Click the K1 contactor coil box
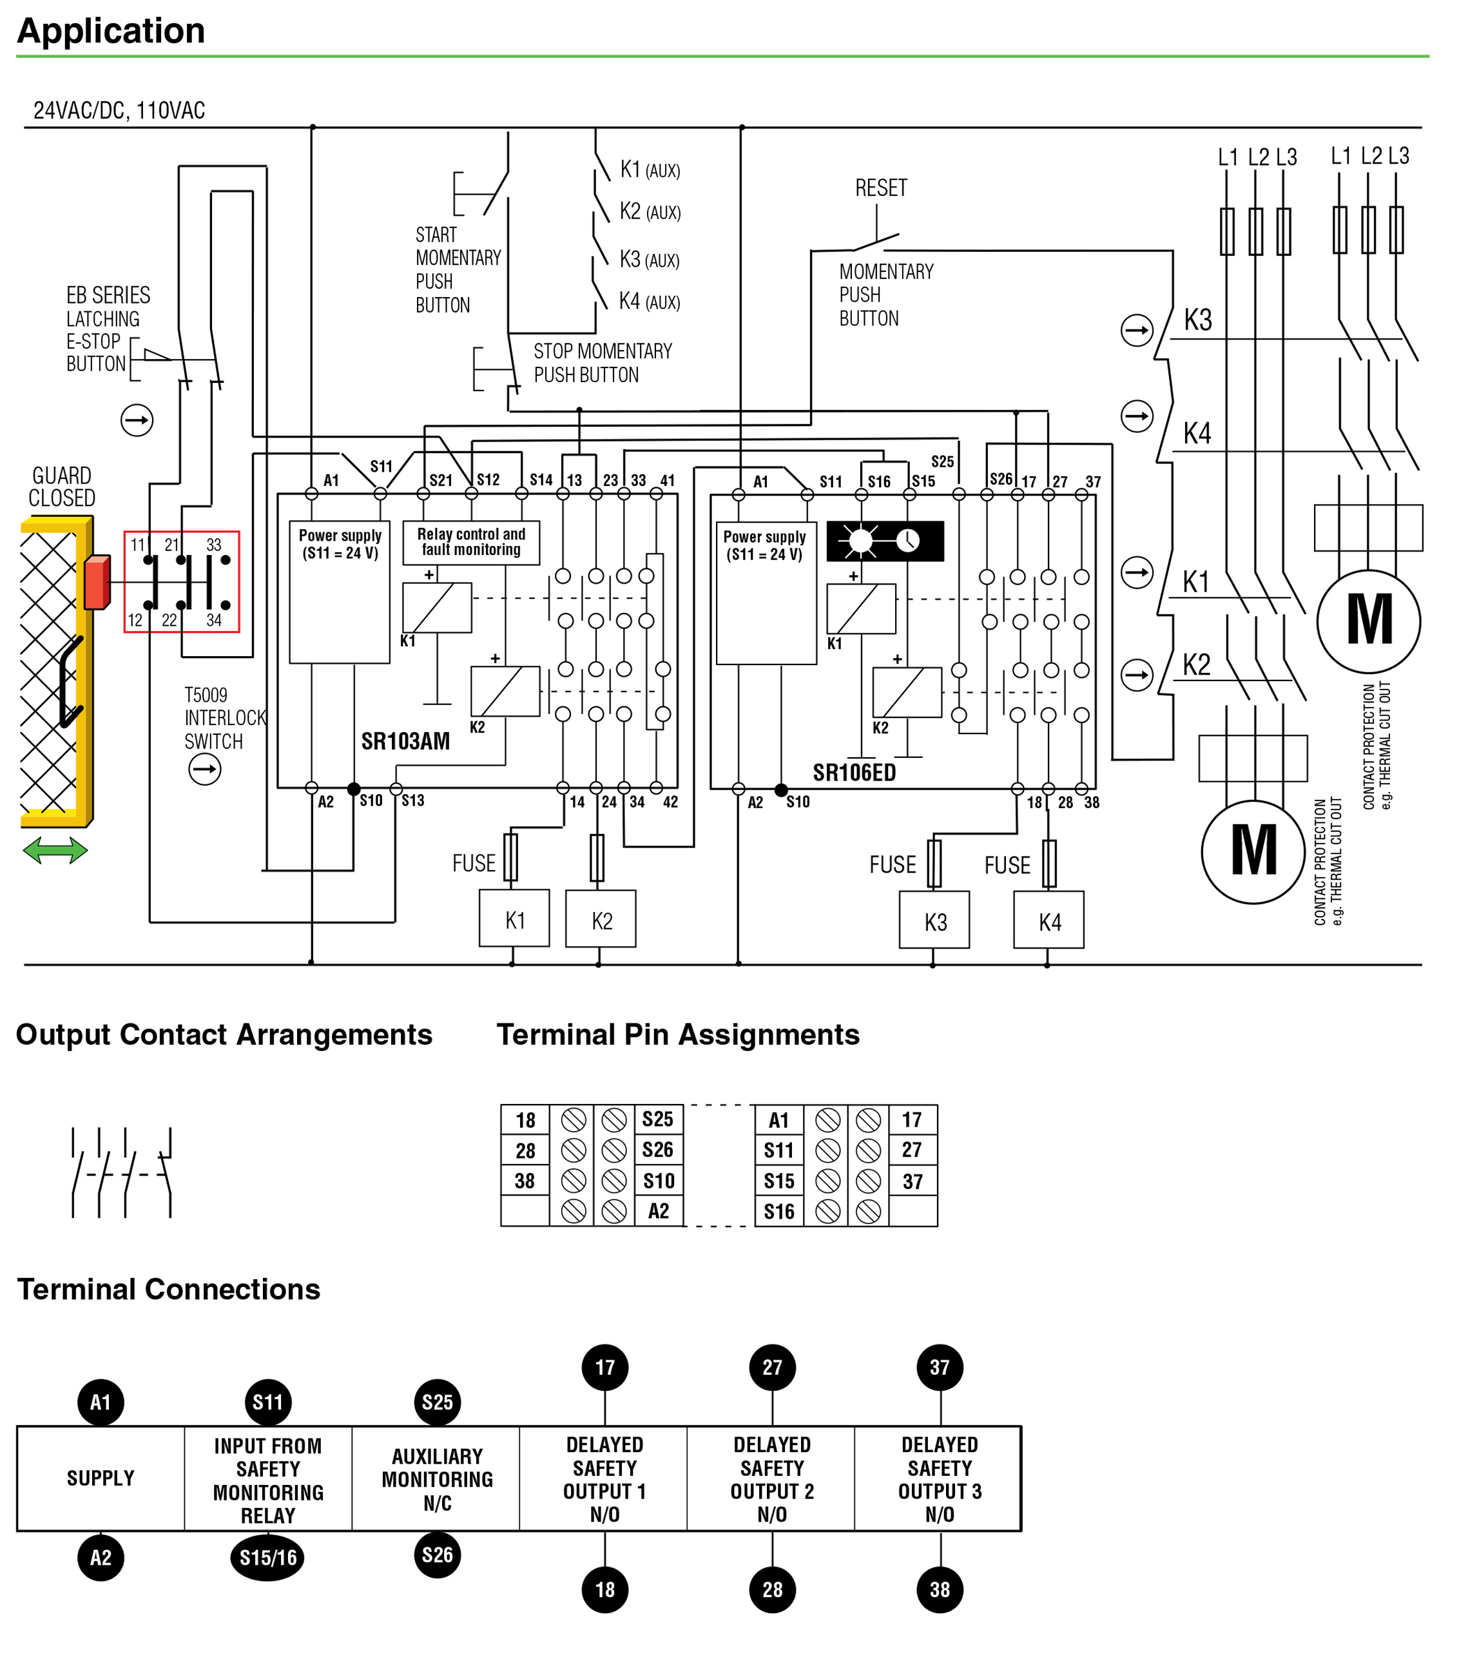point(514,918)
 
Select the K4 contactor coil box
point(1049,920)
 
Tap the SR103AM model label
point(405,742)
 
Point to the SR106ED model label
point(855,773)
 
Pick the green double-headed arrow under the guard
point(55,851)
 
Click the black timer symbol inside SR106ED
point(885,540)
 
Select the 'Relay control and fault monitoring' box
point(471,543)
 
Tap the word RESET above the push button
point(880,188)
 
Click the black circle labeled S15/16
point(267,1558)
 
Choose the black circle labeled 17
point(605,1368)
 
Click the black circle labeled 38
point(940,1589)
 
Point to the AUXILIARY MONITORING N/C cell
point(437,1479)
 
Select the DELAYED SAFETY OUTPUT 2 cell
point(772,1479)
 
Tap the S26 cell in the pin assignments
point(658,1150)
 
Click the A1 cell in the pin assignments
point(779,1121)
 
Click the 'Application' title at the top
point(111,31)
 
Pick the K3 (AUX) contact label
point(650,259)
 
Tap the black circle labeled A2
point(101,1558)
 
